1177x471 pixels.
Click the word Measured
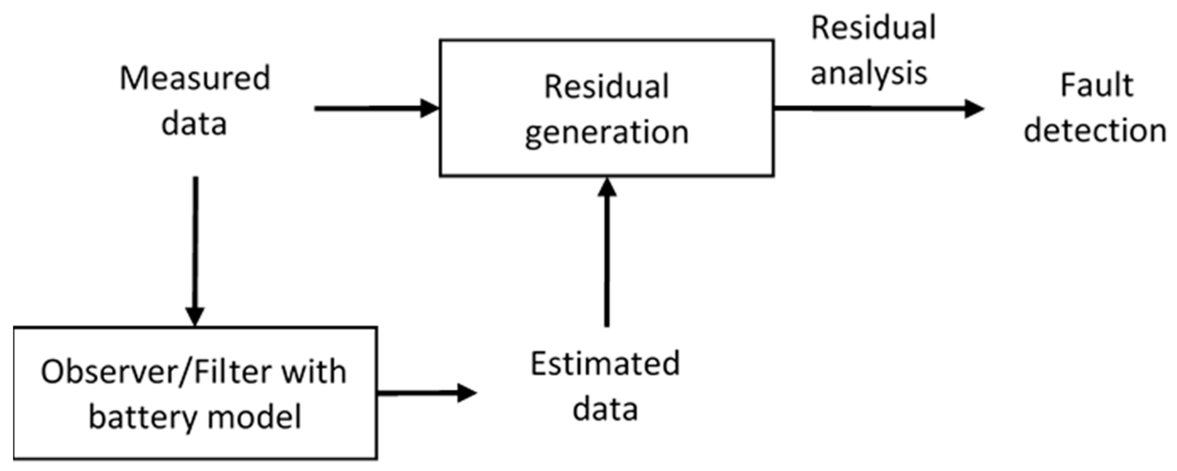(195, 79)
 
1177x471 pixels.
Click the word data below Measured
(194, 123)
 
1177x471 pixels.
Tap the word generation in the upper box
(606, 133)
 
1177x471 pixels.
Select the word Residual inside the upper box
(606, 87)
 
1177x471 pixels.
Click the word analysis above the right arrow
(869, 73)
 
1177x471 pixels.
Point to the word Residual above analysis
(873, 28)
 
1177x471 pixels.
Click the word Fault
(1097, 86)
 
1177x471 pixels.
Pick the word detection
(1095, 131)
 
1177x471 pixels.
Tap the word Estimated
(605, 364)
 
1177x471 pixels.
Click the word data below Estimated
(605, 409)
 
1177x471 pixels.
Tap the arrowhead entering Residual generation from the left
(429, 108)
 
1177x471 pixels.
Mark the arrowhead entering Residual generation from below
(607, 188)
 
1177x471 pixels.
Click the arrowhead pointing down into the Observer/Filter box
(195, 316)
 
